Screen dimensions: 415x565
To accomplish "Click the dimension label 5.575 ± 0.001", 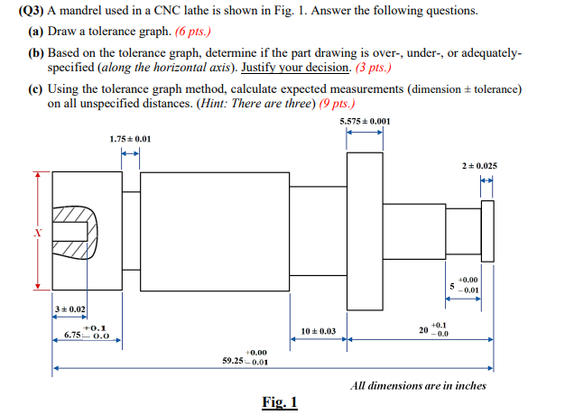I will (x=365, y=121).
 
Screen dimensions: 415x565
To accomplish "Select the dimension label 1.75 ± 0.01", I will (x=130, y=139).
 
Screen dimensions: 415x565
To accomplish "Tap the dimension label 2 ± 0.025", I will (x=478, y=166).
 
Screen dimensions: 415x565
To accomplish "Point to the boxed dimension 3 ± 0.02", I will (x=69, y=310).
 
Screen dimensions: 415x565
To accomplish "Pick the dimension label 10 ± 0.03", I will (x=318, y=331).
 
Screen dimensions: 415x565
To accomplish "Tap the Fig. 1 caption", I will (x=281, y=401).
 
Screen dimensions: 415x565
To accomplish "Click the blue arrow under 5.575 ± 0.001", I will (x=366, y=132).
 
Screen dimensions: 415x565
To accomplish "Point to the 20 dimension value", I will (x=423, y=330).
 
